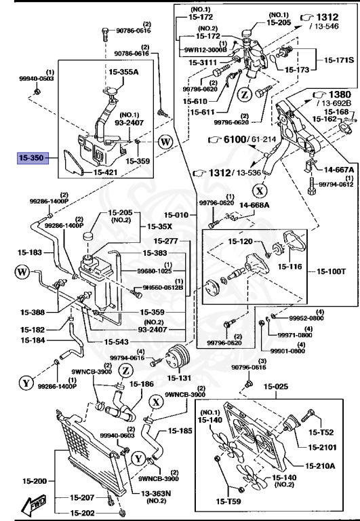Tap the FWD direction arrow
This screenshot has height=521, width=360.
coord(33,503)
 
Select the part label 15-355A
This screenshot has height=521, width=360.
coord(123,71)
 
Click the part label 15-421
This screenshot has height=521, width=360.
coord(105,172)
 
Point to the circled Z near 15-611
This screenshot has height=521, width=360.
coord(245,96)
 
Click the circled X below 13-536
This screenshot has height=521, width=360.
coord(260,191)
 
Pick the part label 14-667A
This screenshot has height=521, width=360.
coord(339,170)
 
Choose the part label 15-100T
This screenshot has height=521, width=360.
coord(331,271)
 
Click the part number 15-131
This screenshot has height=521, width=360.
coord(179,378)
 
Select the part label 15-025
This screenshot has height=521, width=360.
coord(276,387)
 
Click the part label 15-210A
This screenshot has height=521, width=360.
coord(320,466)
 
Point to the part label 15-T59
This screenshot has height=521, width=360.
coord(228,501)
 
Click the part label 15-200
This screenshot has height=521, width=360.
coord(35,481)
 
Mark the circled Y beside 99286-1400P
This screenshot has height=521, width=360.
coord(26,383)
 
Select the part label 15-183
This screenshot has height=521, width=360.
coord(30,252)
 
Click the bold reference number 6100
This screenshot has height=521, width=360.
coord(235,139)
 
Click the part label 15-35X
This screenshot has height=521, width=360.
coord(160,227)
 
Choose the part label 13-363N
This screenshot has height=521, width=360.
coord(155,493)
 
